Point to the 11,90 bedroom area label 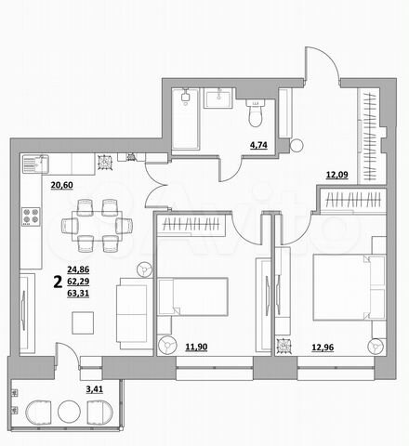click(196, 348)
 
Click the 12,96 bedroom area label click(322, 349)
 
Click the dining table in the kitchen click(98, 224)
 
